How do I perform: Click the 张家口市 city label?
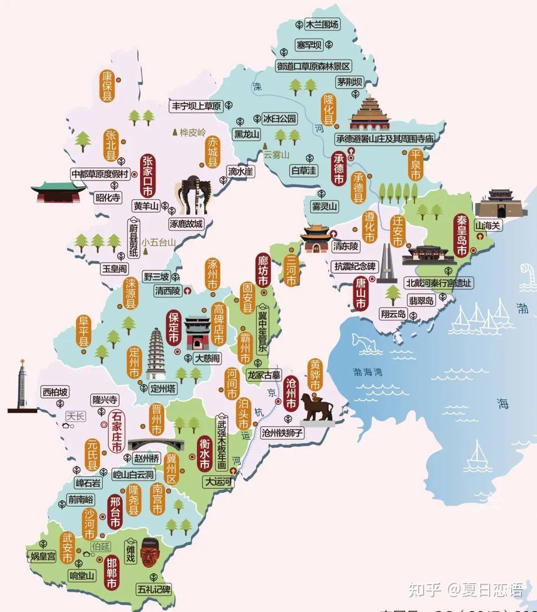[x=148, y=176]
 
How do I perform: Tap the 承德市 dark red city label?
[x=339, y=169]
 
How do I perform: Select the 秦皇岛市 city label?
[x=461, y=236]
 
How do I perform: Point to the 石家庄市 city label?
[x=117, y=431]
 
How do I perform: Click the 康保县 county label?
[x=107, y=86]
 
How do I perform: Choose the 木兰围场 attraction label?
[x=322, y=24]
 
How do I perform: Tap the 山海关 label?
[x=488, y=225]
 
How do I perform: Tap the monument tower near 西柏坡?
[x=22, y=385]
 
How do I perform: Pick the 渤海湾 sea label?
[x=367, y=371]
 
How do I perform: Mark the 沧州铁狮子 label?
[x=282, y=433]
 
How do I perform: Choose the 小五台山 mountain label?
[x=158, y=243]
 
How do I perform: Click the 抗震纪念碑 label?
[x=355, y=266]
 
